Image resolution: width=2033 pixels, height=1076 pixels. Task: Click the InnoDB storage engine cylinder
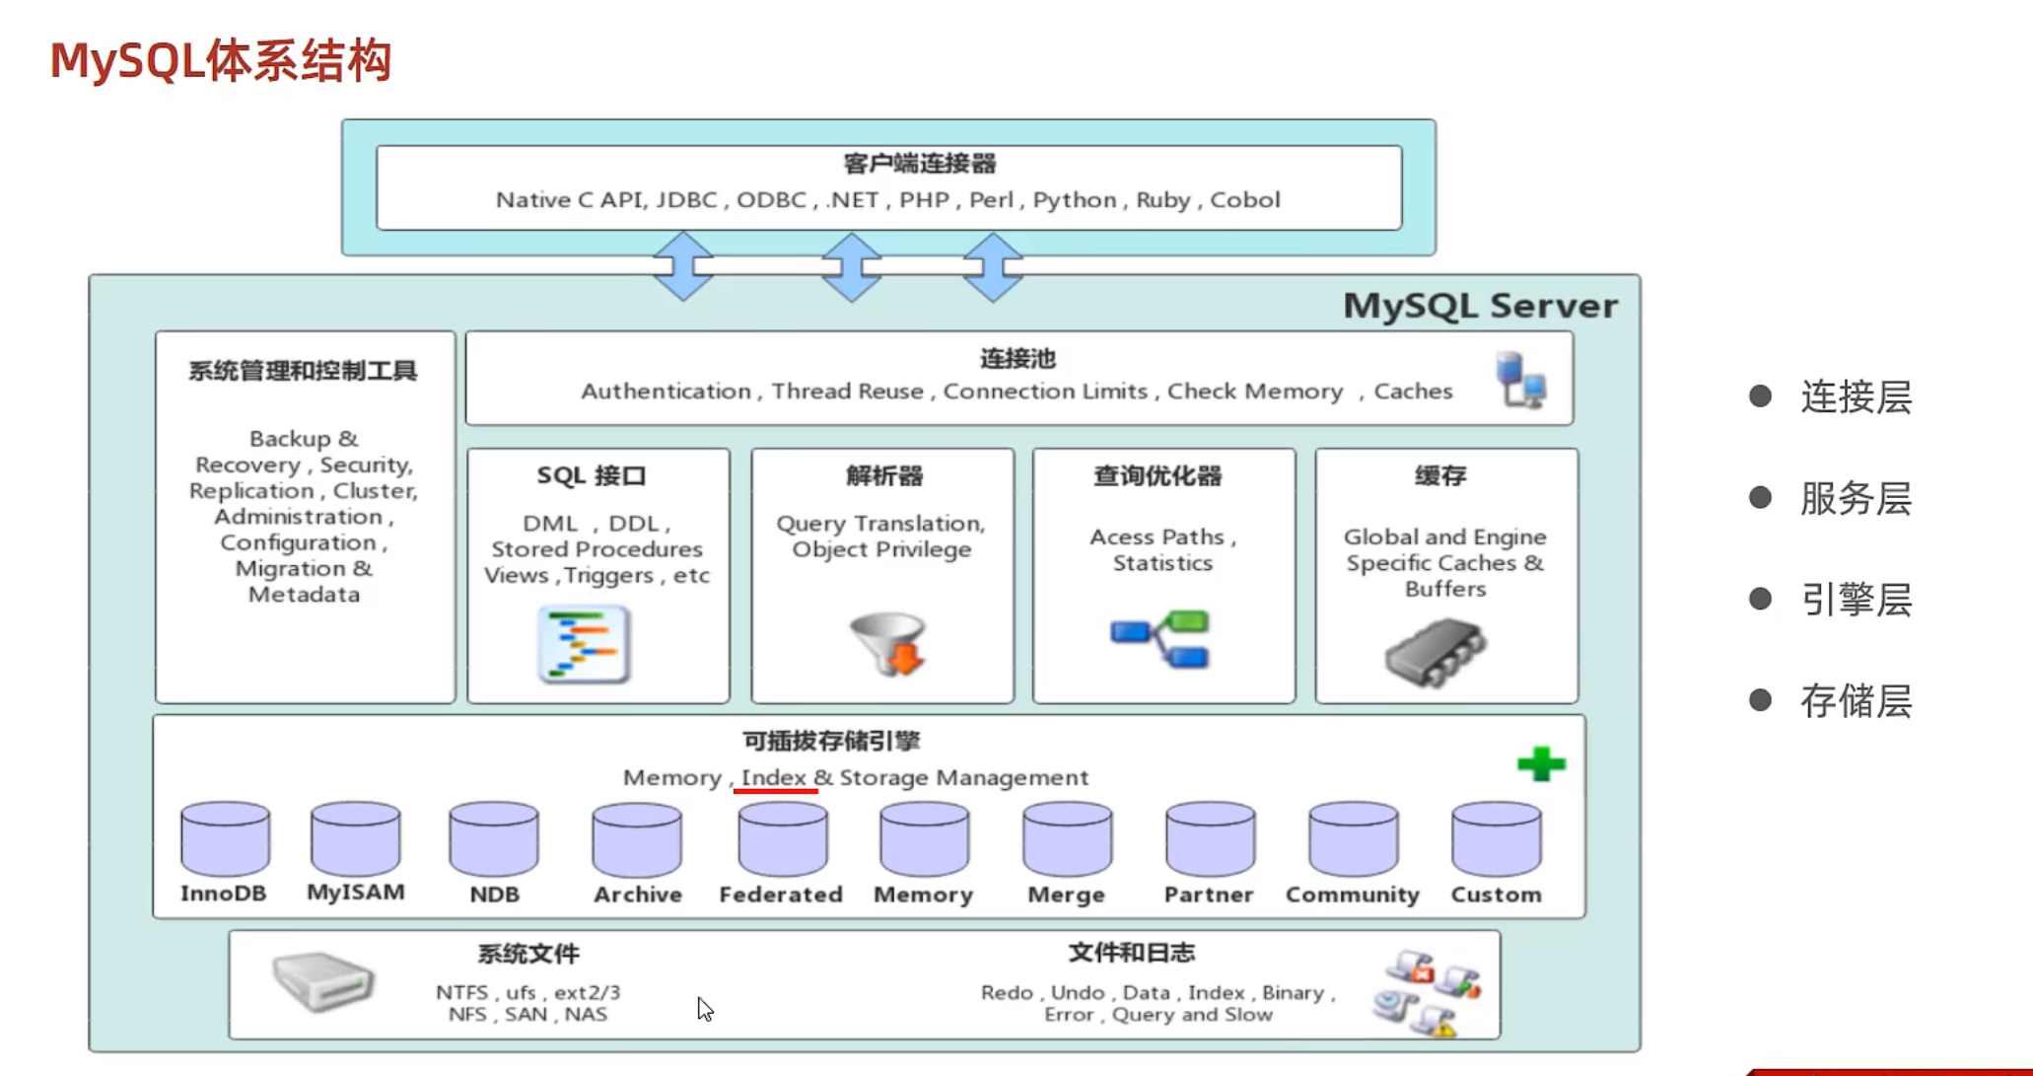point(225,838)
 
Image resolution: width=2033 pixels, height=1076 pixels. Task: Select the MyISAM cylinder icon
point(355,838)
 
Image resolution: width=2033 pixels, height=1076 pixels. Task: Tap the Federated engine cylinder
point(782,839)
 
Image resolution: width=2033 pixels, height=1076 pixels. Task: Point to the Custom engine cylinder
point(1496,839)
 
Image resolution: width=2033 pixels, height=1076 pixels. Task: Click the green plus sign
point(1541,763)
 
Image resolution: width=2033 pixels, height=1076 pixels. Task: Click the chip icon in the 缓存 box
point(1435,652)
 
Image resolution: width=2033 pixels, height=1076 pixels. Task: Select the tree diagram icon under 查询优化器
point(1160,639)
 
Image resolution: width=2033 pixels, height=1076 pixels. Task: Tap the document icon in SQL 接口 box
point(584,645)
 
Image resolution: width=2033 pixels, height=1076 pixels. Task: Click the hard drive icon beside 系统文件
point(322,980)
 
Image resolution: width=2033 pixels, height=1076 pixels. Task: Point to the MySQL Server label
point(1480,306)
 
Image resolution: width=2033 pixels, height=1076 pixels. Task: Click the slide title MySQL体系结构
point(221,60)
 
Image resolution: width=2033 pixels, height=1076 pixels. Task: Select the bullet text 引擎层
point(1856,600)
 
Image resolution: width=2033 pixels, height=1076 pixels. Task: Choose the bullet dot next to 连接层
point(1760,396)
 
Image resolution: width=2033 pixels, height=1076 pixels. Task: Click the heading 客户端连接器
point(919,164)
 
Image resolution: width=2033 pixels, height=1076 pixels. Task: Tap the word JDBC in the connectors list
point(686,200)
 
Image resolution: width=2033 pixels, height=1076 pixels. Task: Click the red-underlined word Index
point(774,777)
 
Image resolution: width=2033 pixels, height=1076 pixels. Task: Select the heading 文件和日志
point(1131,953)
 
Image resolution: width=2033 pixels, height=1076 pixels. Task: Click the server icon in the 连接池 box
point(1520,380)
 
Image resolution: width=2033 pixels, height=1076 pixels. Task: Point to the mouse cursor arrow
point(704,1008)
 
